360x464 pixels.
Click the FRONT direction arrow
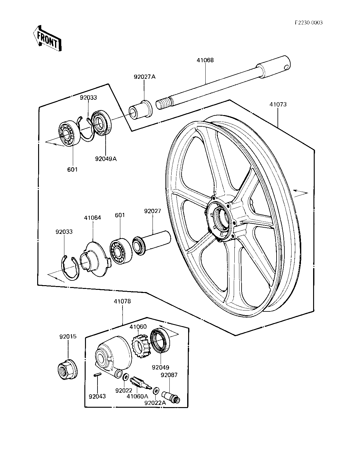coord(47,38)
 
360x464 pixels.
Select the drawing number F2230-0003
coord(308,23)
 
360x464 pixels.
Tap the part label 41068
coord(205,60)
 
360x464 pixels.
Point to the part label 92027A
coord(145,77)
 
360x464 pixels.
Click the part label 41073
coord(278,104)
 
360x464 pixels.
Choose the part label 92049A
coord(106,159)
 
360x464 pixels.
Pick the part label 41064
coord(92,218)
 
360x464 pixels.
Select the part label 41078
coord(122,301)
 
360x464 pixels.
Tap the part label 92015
coord(68,336)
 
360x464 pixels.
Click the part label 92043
coord(97,396)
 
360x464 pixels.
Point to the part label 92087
coord(169,375)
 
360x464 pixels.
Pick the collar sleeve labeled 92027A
coord(141,110)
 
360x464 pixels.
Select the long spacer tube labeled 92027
coord(152,243)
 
